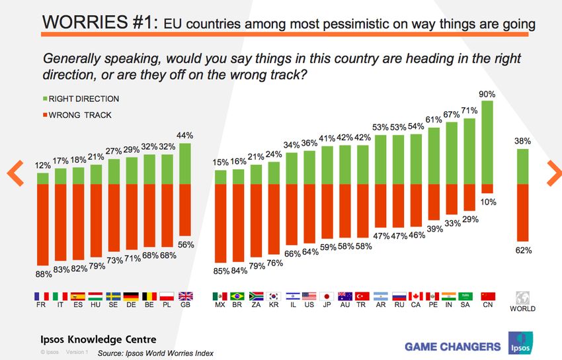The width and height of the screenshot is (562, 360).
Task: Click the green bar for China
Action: (x=488, y=142)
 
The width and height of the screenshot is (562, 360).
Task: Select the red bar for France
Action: (x=43, y=224)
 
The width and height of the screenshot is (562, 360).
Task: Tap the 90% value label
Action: (x=488, y=94)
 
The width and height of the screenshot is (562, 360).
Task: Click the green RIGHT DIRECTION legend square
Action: (x=45, y=99)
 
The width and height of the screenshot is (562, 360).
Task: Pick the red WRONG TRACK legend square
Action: (x=45, y=114)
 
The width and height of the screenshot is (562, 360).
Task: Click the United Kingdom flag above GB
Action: (x=186, y=296)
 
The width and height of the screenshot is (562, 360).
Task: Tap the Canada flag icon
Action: (x=417, y=296)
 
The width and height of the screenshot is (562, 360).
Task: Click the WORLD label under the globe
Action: (x=522, y=308)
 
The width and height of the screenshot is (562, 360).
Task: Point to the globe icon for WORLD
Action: (x=522, y=296)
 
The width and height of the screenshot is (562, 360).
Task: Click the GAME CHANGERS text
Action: (x=452, y=346)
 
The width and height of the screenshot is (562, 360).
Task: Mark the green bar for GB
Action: (x=186, y=163)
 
